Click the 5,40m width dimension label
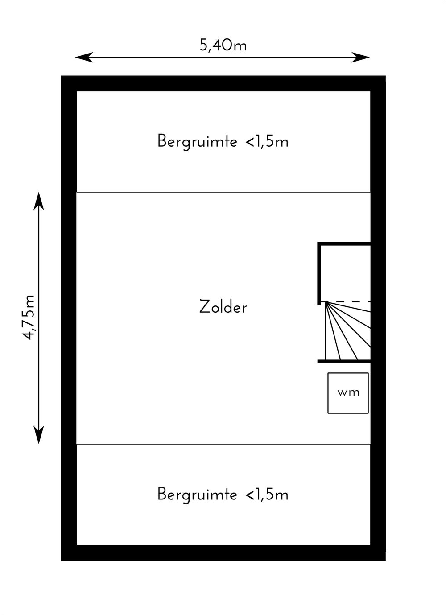[223, 45]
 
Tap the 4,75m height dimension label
[29, 318]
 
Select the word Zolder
[223, 307]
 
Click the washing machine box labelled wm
[348, 392]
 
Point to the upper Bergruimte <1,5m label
[223, 141]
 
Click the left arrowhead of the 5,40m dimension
[84, 58]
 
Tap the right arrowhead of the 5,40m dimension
[361, 58]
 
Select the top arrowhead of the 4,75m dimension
[39, 201]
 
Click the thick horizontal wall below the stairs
[344, 362]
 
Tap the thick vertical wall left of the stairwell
[319, 273]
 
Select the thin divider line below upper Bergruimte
[223, 192]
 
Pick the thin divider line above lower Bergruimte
[223, 444]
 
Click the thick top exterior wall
[223, 83]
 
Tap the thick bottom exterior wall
[223, 553]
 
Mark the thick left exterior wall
[69, 318]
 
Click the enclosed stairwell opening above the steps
[346, 273]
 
